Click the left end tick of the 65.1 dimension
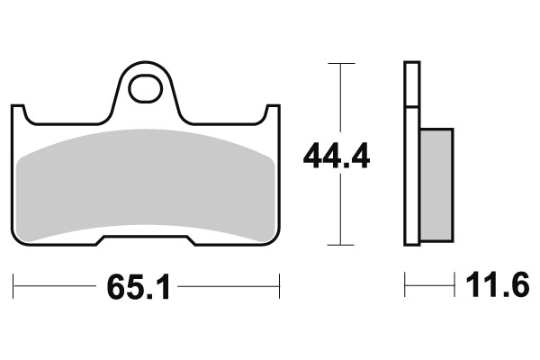coord(15,288)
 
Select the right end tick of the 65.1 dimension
coord(282,288)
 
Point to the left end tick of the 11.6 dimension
coord(406,288)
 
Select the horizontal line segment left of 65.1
coord(54,288)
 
